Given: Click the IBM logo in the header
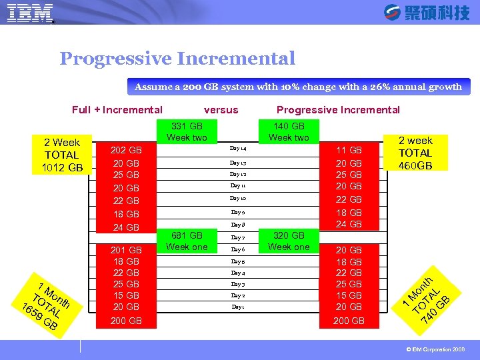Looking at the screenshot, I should (x=30, y=13).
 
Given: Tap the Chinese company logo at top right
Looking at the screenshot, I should (x=427, y=13).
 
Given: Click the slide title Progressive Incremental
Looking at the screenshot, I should (x=177, y=59).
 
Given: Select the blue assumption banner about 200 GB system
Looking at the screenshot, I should (x=298, y=87).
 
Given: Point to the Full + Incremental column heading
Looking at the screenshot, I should (x=117, y=110).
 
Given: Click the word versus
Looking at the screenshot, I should (x=221, y=110).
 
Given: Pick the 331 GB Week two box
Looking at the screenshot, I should (x=187, y=131).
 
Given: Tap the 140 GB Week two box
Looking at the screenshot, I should (x=289, y=131).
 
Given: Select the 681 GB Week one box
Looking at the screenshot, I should (x=187, y=241).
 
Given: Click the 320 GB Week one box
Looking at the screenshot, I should (x=289, y=241).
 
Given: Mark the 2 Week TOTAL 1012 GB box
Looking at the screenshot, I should (x=62, y=155).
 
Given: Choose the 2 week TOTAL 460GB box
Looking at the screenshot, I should (x=415, y=153).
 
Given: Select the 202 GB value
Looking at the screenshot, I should (x=126, y=151).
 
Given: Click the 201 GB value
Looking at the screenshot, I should (x=126, y=250).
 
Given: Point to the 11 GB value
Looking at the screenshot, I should (x=349, y=151).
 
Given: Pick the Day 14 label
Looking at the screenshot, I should (x=238, y=149).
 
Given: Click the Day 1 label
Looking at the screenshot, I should (x=238, y=307).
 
